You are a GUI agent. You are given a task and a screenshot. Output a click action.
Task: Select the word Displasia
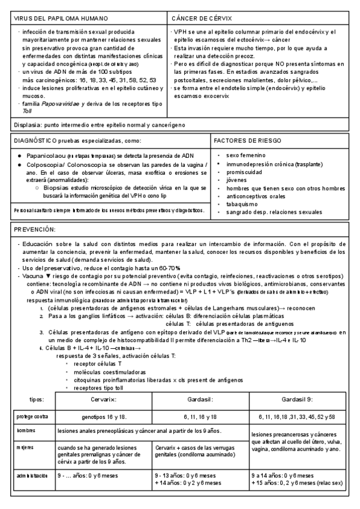(x=26, y=125)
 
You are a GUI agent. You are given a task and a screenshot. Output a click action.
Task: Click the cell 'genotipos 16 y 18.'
(x=104, y=416)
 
